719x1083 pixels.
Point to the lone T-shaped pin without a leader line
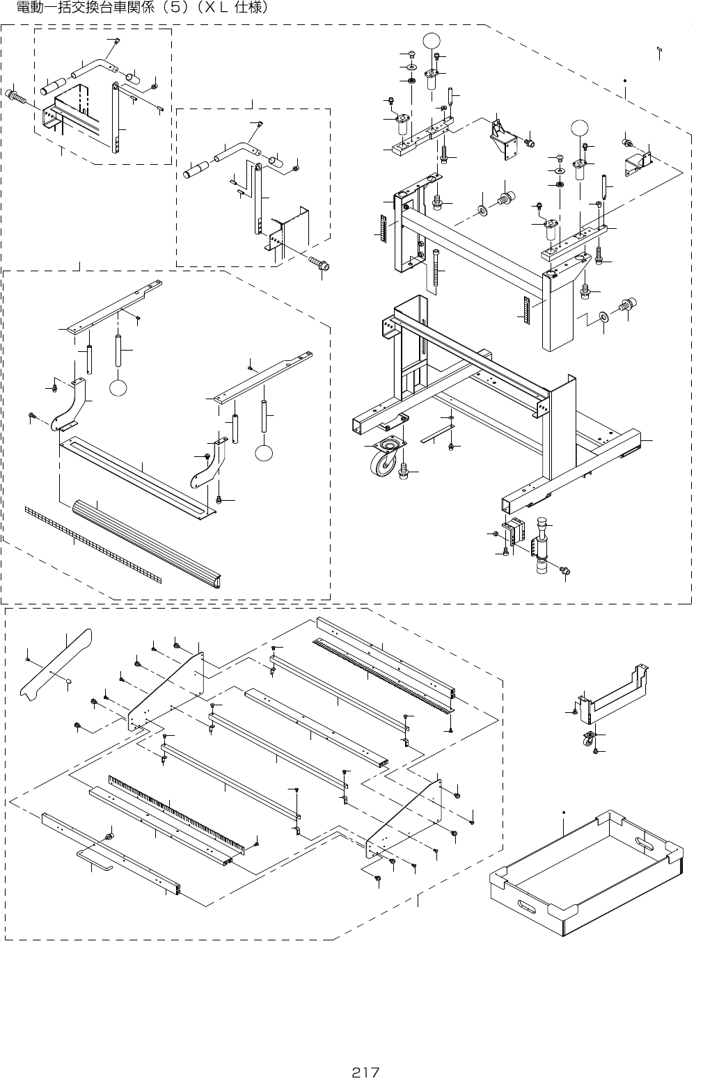coord(658,51)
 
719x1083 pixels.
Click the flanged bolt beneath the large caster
coord(403,472)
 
